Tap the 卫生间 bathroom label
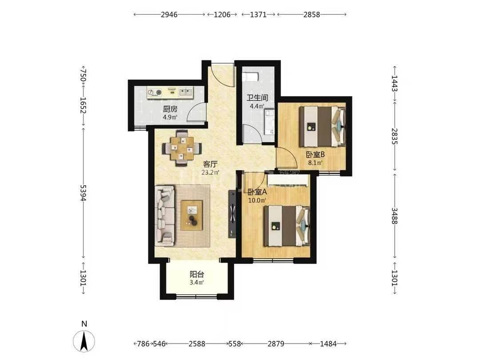click(257, 98)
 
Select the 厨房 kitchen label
click(170, 109)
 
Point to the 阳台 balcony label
click(197, 274)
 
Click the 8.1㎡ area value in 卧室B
click(315, 163)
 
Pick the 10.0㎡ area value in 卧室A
click(257, 200)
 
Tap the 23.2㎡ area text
click(210, 172)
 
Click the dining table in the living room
click(182, 148)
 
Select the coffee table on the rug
click(192, 215)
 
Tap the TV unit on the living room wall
click(232, 214)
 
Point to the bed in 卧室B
click(322, 126)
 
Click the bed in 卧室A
click(287, 226)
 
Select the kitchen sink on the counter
click(185, 92)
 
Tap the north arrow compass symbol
click(84, 341)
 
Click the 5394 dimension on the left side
click(83, 193)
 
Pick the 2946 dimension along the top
click(169, 14)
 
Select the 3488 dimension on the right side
click(395, 216)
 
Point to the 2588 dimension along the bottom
click(197, 344)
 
